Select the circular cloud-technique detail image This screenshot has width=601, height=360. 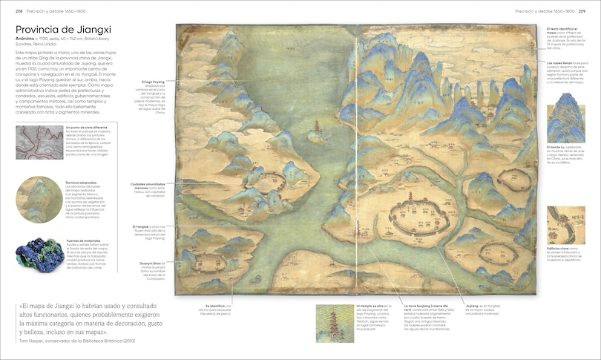[x=38, y=200]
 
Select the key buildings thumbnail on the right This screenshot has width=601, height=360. [x=565, y=225]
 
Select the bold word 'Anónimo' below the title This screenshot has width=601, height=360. [x=27, y=39]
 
